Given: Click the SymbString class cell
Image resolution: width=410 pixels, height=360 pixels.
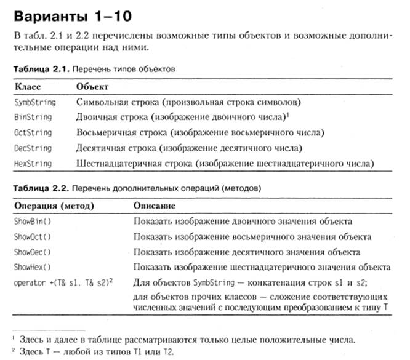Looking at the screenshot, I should pos(35,102).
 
